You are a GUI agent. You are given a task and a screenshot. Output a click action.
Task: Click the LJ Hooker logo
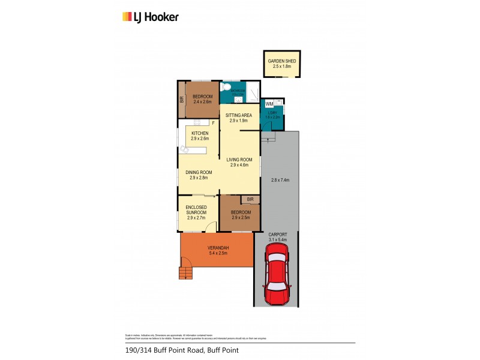(150, 17)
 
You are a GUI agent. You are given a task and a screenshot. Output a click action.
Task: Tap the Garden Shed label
(279, 61)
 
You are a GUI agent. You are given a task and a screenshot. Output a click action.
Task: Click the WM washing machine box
(268, 104)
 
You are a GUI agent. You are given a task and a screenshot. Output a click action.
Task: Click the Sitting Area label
(238, 114)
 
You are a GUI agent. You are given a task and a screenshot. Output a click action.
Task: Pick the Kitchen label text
(200, 133)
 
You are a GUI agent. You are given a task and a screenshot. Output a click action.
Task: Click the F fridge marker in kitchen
(213, 124)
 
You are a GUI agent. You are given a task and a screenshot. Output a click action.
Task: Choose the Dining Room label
(199, 173)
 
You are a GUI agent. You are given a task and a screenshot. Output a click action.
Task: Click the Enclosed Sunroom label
(196, 210)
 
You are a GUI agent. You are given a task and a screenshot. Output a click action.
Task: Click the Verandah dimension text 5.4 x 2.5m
(217, 254)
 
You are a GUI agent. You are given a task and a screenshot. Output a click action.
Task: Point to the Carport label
(277, 234)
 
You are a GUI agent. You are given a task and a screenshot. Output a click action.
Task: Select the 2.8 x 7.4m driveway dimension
(280, 180)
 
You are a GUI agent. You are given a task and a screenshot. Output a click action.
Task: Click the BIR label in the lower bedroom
(250, 199)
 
